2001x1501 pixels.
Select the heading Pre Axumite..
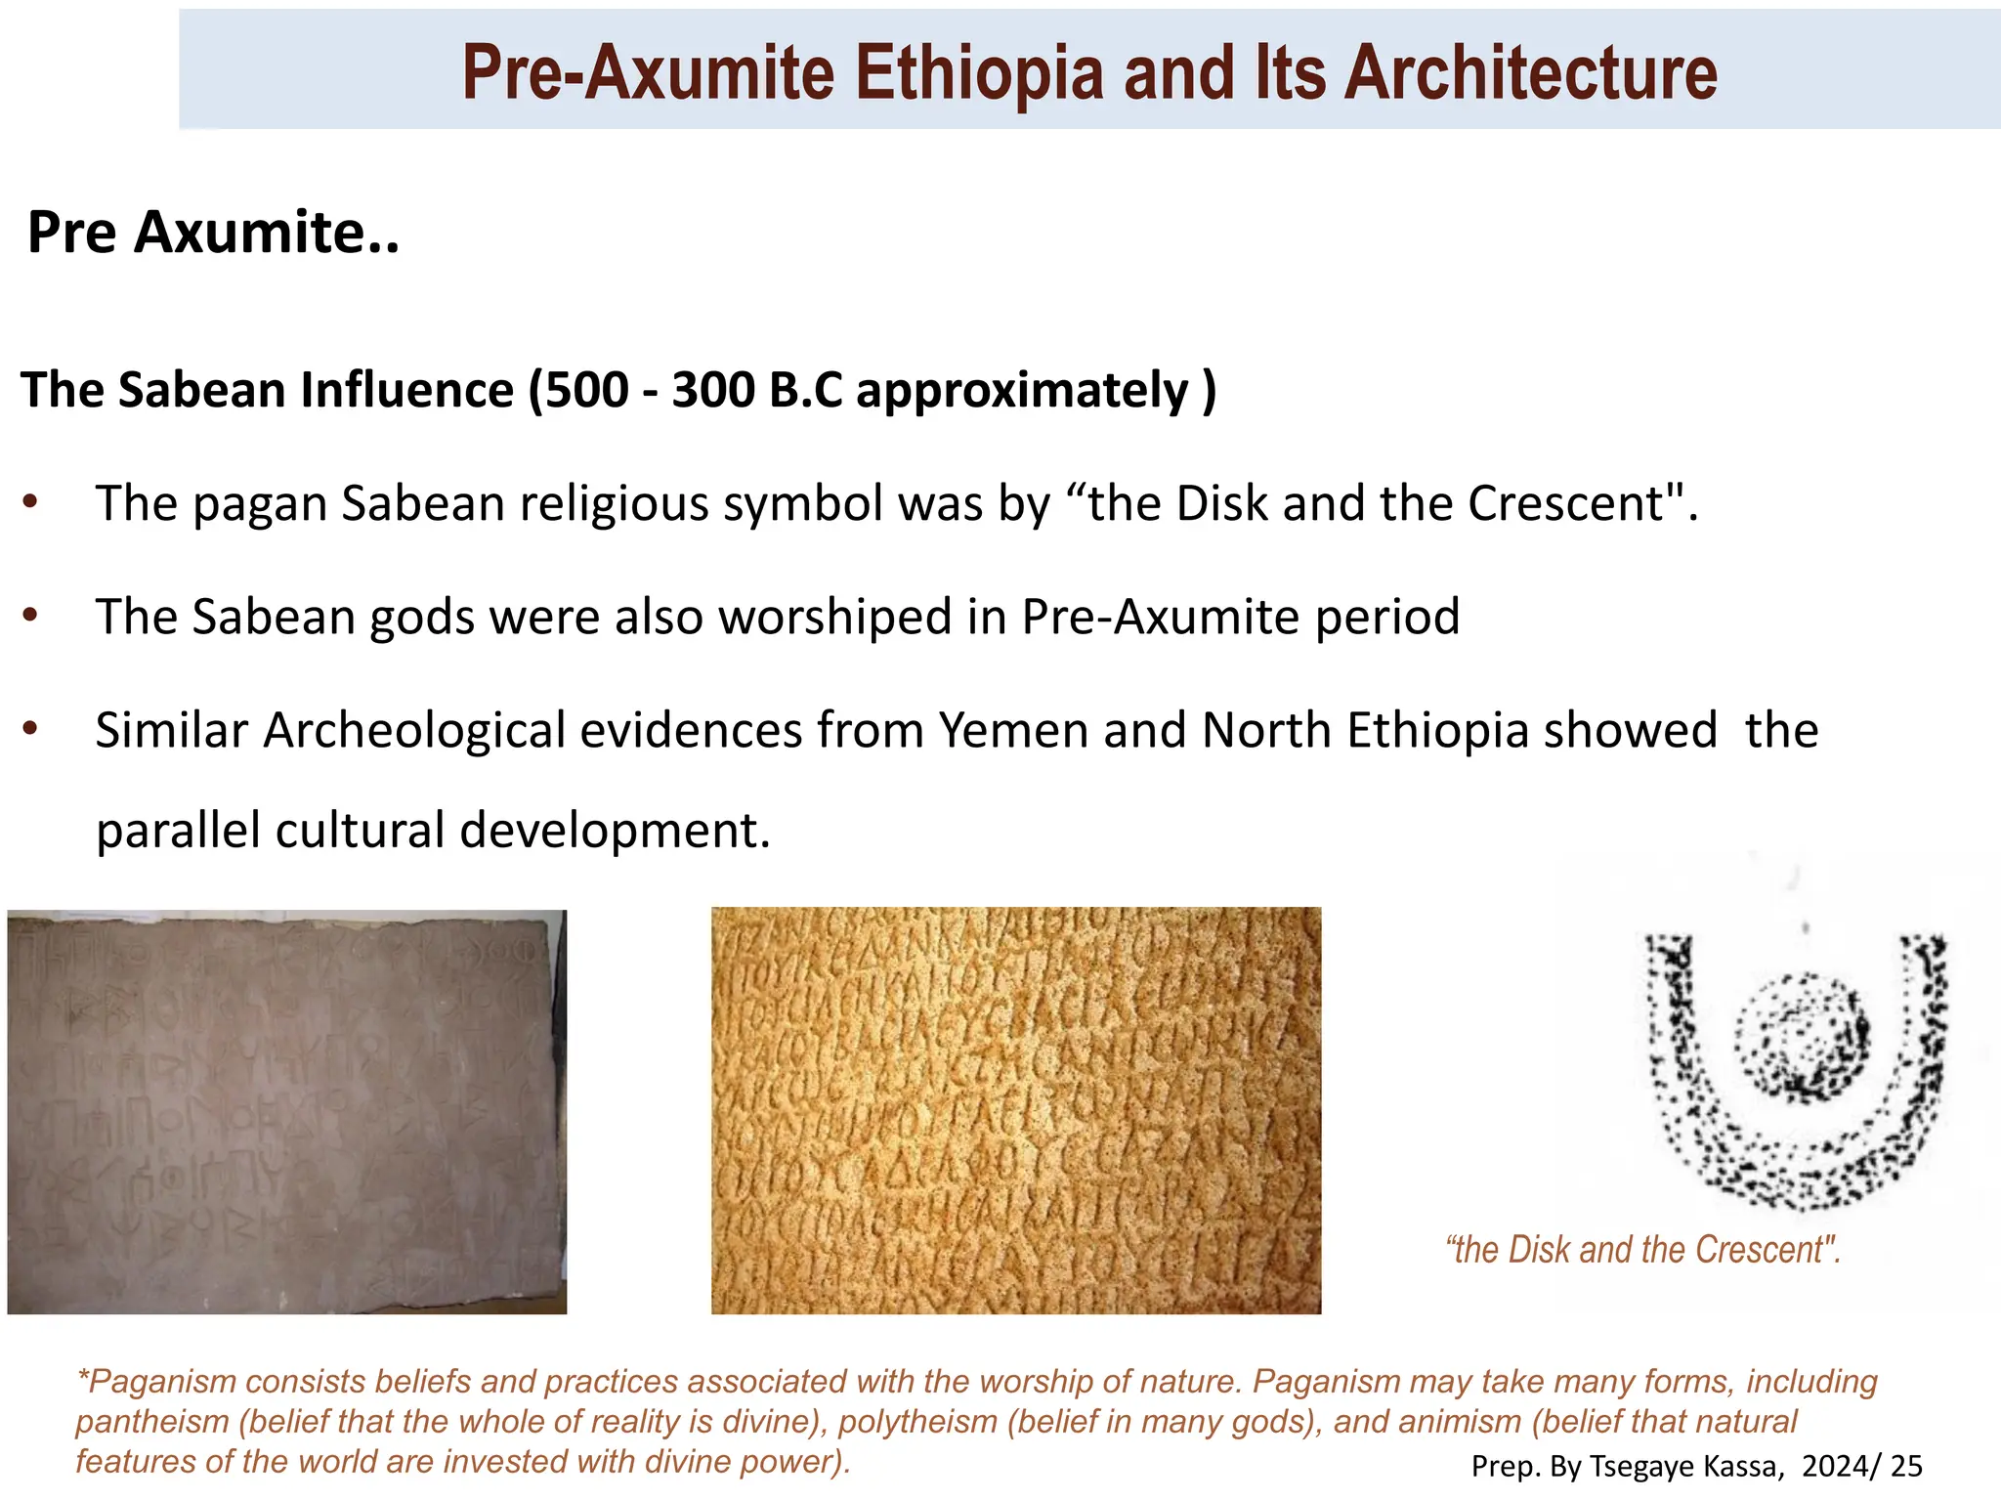(x=212, y=234)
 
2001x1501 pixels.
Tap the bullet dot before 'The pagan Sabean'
(x=30, y=503)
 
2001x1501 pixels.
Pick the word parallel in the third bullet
(x=177, y=831)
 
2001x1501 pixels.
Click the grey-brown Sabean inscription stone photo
(x=286, y=1111)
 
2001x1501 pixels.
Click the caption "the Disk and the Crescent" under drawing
(x=1642, y=1250)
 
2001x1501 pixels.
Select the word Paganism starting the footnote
(x=162, y=1382)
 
